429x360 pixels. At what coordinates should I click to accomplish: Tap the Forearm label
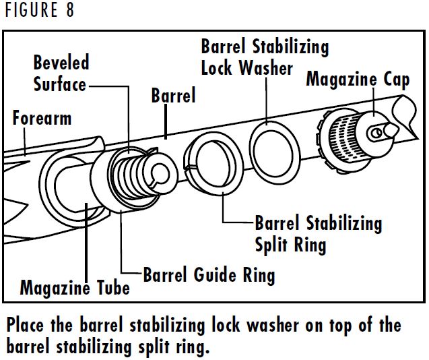42,119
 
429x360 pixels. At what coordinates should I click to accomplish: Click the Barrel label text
173,96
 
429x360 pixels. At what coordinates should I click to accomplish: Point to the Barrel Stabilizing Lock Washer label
265,57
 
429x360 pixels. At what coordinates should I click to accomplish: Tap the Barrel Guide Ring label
209,275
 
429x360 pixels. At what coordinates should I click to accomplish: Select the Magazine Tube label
75,289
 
